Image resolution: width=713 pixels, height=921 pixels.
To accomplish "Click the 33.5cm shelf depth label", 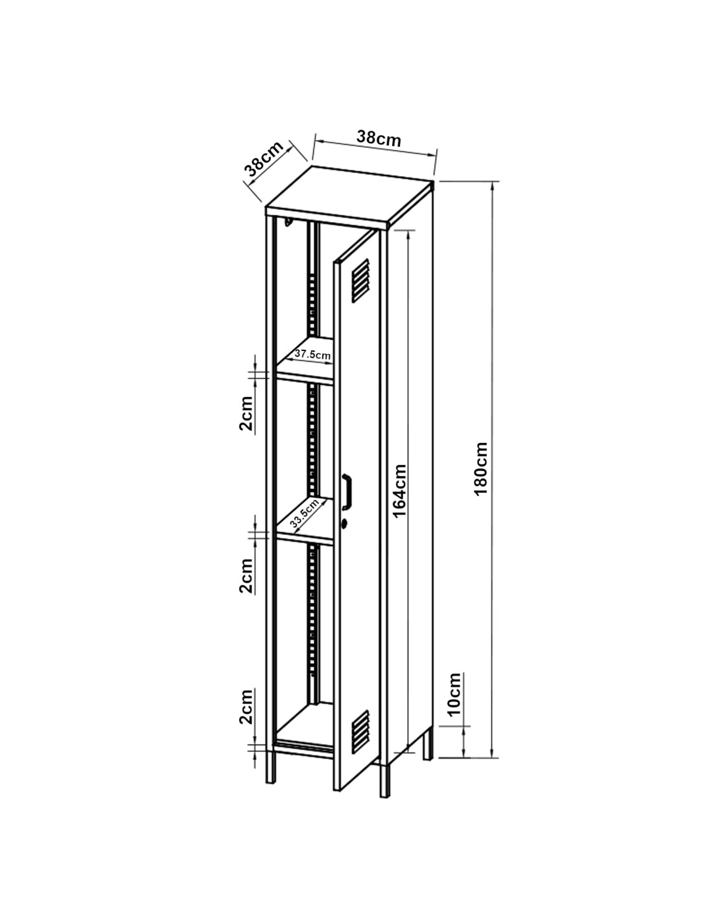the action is click(304, 514).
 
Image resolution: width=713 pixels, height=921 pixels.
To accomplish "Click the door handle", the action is click(347, 490).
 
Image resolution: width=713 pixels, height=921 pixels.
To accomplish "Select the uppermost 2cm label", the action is click(246, 414).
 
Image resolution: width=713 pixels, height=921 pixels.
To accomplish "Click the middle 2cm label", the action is click(246, 576).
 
